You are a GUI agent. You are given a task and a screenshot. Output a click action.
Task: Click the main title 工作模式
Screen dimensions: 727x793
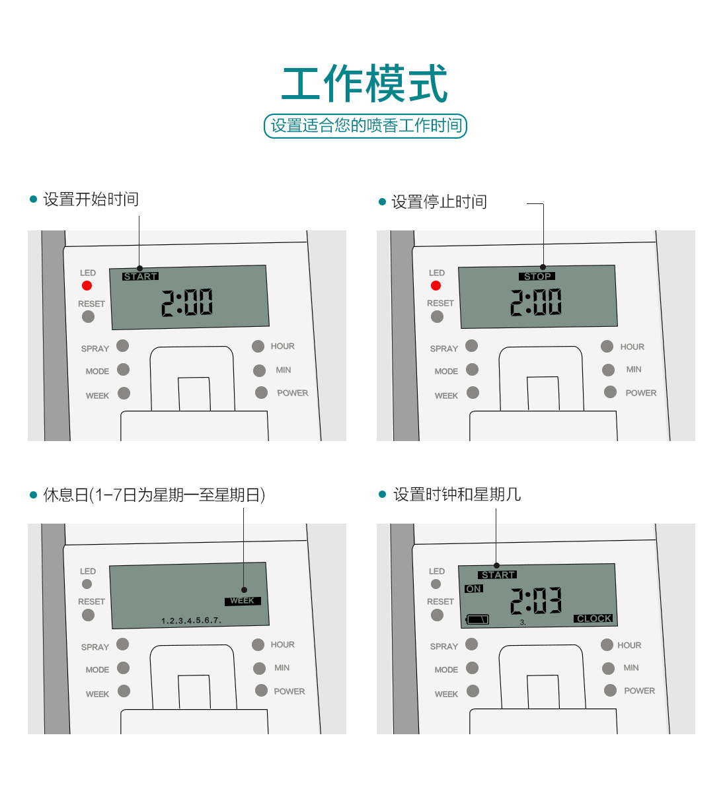pyautogui.click(x=364, y=83)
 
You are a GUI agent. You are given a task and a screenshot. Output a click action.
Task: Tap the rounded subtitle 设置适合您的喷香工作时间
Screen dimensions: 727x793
pyautogui.click(x=365, y=125)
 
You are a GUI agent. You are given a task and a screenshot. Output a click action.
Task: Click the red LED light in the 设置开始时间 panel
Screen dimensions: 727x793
pyautogui.click(x=87, y=285)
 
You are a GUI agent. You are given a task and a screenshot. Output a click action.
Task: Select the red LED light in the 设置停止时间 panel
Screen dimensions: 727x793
pyautogui.click(x=436, y=285)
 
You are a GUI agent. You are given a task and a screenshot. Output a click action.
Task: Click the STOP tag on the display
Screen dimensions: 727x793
pyautogui.click(x=537, y=276)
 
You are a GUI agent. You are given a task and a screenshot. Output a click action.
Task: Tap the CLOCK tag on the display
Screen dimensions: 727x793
pyautogui.click(x=593, y=618)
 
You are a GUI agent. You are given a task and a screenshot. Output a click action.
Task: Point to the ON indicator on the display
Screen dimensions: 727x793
pyautogui.click(x=474, y=588)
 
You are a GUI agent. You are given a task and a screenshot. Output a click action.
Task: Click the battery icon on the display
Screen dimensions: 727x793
pyautogui.click(x=477, y=619)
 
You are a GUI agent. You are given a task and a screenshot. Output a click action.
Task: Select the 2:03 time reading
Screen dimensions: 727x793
pyautogui.click(x=536, y=600)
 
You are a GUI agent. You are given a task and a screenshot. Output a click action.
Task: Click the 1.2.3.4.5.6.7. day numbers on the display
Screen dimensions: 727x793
pyautogui.click(x=191, y=620)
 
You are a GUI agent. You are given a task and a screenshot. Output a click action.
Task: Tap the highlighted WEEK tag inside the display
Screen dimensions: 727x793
pyautogui.click(x=243, y=601)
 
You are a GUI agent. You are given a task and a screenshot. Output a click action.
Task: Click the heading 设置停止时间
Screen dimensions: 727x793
pyautogui.click(x=440, y=201)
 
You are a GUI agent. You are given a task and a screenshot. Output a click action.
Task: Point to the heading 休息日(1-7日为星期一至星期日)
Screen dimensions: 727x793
pyautogui.click(x=154, y=495)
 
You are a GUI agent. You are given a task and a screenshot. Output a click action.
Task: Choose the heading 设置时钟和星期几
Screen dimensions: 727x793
pyautogui.click(x=457, y=494)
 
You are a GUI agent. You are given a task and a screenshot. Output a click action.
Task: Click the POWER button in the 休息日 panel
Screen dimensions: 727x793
pyautogui.click(x=261, y=691)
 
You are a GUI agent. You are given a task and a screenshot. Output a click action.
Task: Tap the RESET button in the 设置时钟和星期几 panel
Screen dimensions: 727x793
pyautogui.click(x=437, y=615)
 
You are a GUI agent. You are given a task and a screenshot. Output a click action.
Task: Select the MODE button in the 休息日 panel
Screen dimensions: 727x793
pyautogui.click(x=123, y=668)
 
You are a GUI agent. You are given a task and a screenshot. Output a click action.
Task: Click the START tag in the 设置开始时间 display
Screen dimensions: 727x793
pyautogui.click(x=140, y=276)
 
